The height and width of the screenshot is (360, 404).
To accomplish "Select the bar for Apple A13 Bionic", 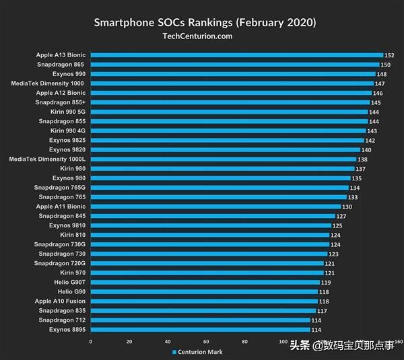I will point(236,55).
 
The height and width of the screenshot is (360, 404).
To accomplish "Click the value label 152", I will point(389,55).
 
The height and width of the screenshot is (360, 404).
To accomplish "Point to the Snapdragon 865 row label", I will point(62,65).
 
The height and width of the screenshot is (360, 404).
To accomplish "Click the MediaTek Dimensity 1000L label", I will point(47,159).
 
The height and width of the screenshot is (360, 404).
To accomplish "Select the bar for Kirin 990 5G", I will point(228,112).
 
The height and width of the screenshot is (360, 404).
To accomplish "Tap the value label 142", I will point(370,140).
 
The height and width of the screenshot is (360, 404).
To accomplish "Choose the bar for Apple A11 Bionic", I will point(215,207).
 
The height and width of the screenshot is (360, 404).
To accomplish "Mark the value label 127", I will point(341,216).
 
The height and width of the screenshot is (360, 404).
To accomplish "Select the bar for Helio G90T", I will point(205,283).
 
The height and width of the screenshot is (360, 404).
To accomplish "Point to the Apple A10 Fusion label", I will point(61,301).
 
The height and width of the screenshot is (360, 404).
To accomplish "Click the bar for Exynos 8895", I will point(200,330).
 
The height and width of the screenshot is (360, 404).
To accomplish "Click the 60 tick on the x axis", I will point(206,341).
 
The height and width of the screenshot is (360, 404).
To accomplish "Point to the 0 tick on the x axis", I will point(91,341).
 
